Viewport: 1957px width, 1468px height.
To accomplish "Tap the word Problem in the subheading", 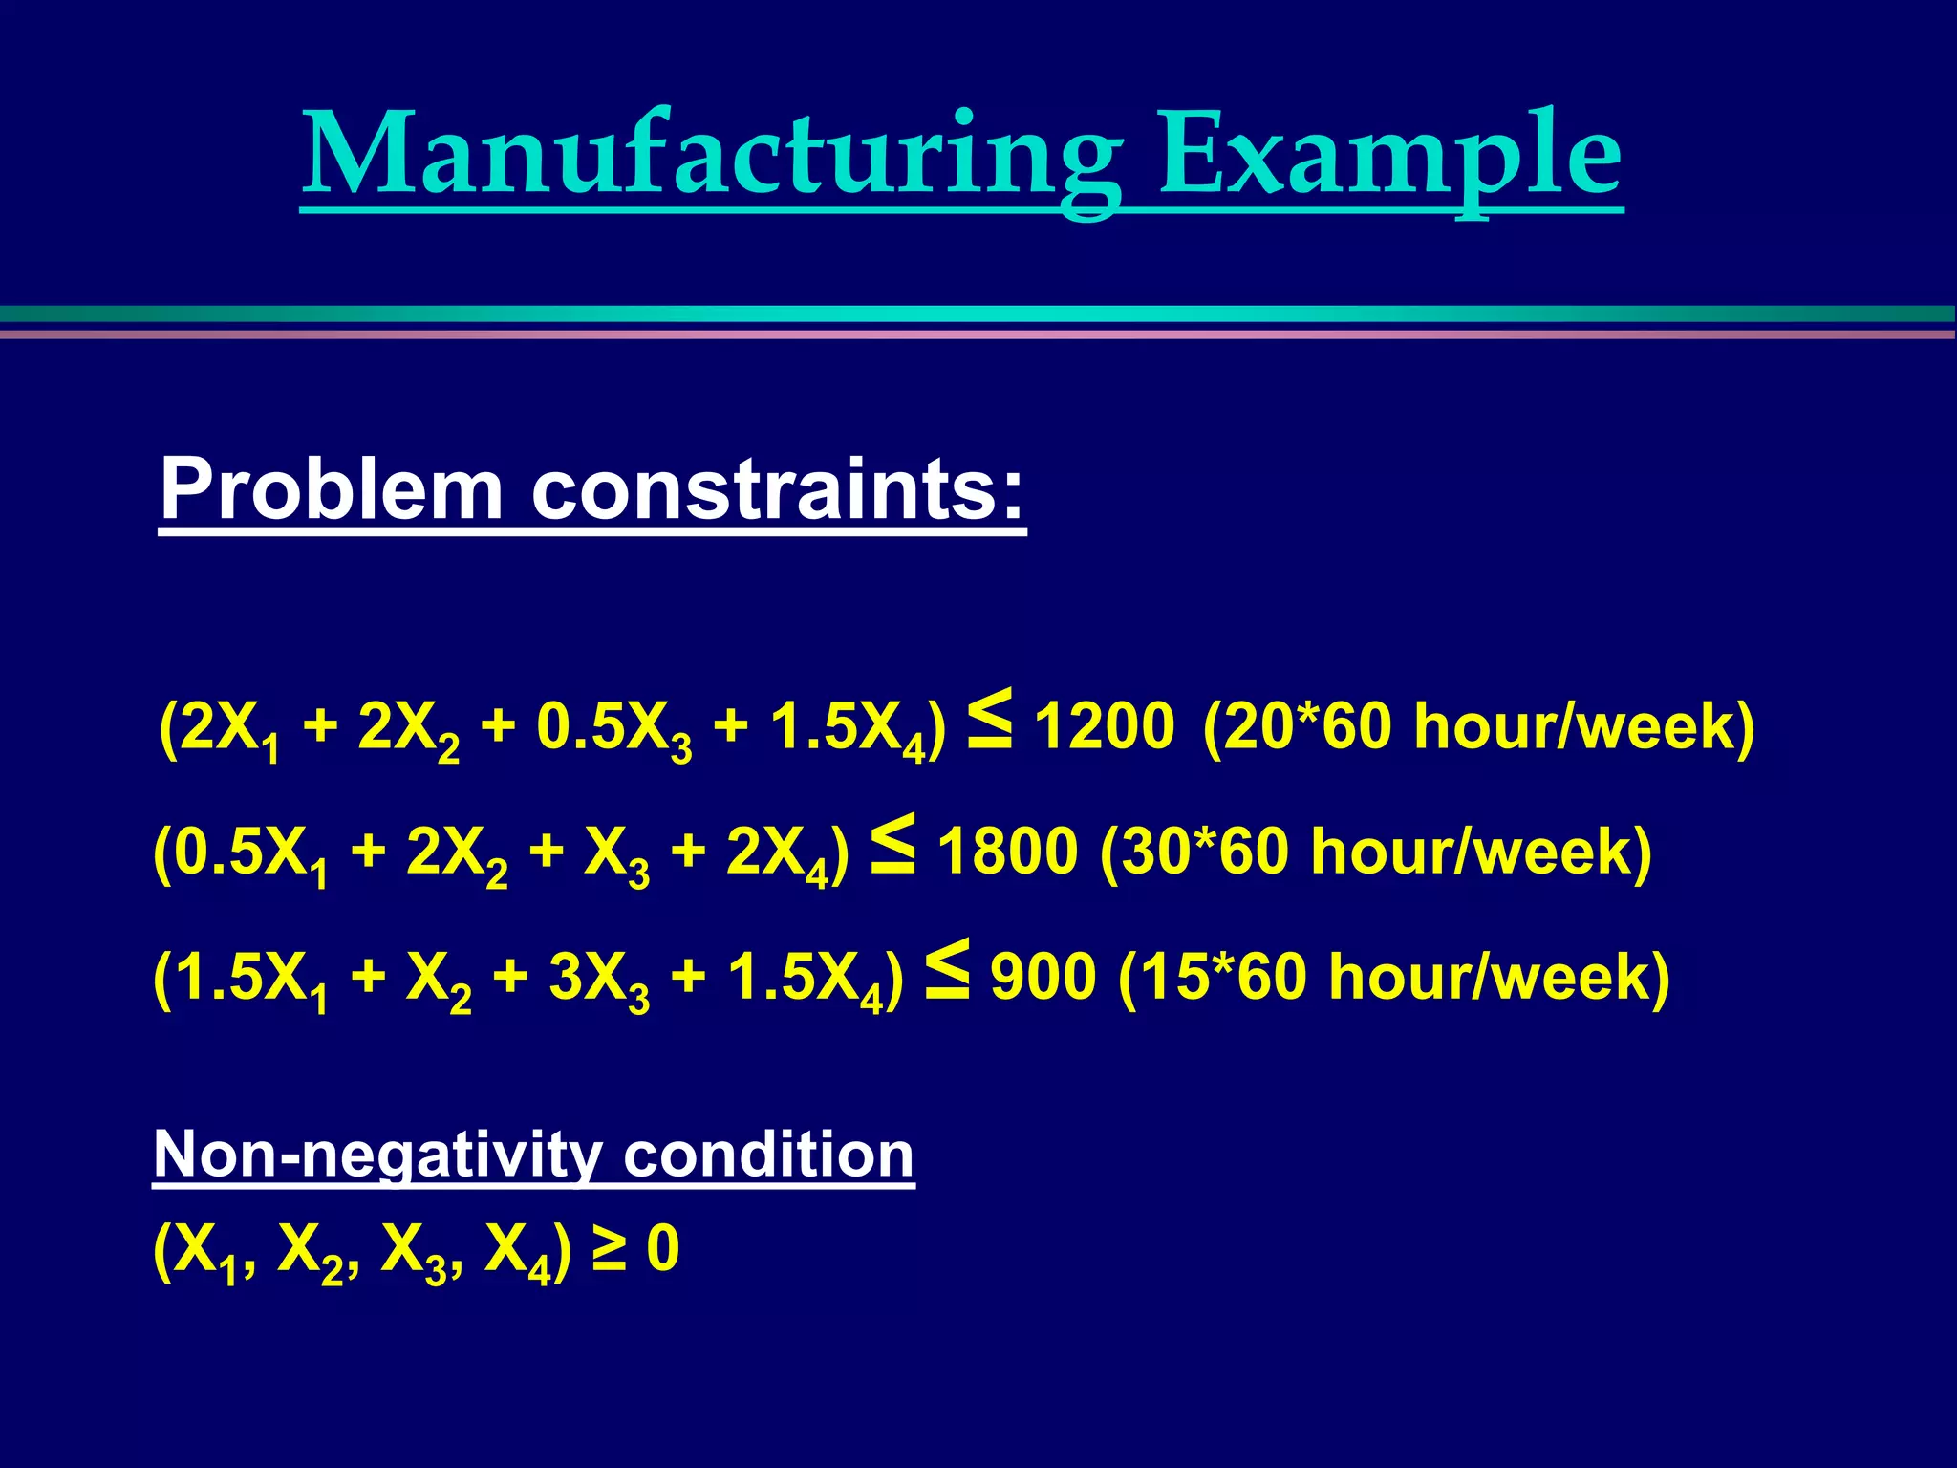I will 331,488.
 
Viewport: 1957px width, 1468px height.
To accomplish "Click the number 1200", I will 1104,726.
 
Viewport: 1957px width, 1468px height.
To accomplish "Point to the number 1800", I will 1007,852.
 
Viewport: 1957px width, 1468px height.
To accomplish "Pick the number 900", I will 1043,977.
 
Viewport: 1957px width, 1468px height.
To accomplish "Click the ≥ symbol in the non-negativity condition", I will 609,1249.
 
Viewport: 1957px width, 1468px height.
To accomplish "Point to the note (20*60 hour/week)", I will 1478,726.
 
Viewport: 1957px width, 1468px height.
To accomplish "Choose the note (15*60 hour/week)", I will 1393,977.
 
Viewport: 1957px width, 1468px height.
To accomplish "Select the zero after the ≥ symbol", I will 662,1249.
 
